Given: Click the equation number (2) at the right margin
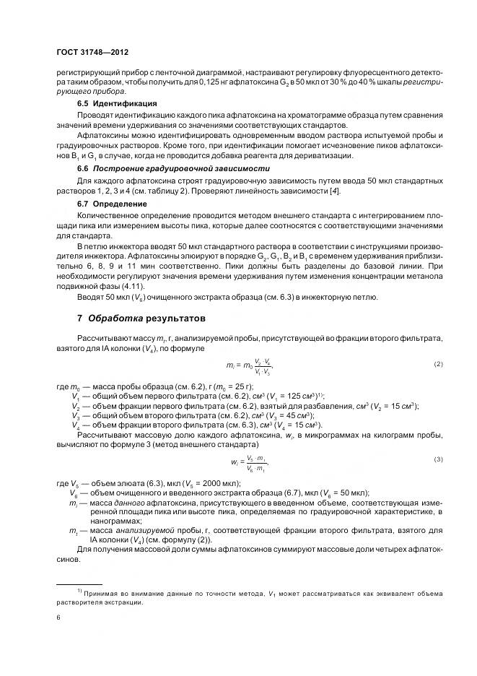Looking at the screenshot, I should (x=438, y=364).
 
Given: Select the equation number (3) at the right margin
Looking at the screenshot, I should (x=438, y=459).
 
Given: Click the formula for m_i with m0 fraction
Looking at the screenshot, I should (x=250, y=365).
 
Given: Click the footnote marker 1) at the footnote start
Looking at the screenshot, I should (x=78, y=591).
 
